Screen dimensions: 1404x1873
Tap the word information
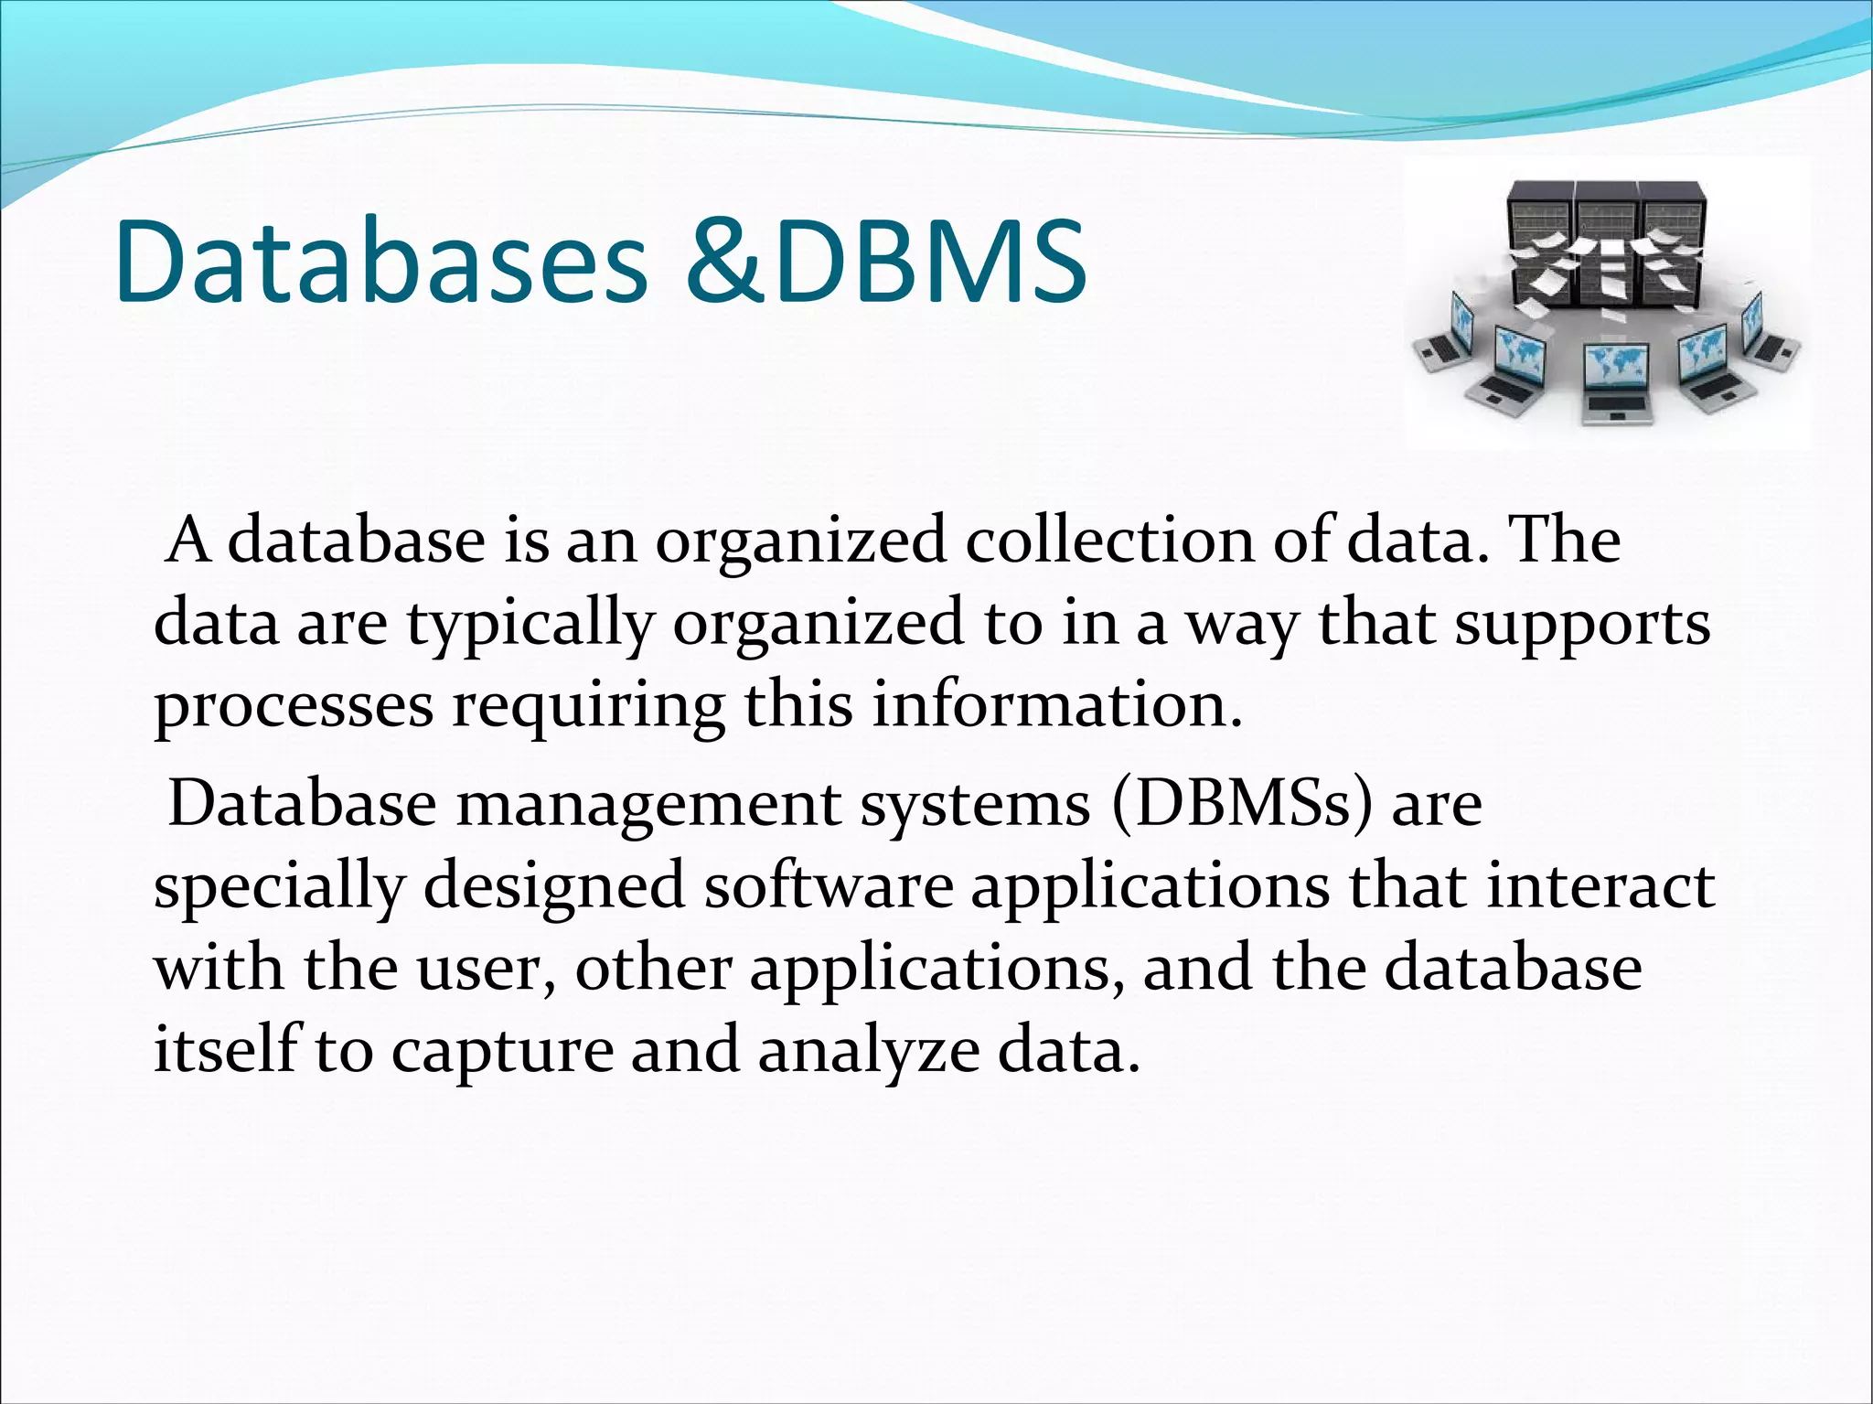click(x=1056, y=705)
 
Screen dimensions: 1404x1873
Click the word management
click(x=648, y=805)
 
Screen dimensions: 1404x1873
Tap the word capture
click(x=502, y=1052)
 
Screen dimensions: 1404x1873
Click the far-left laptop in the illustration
click(x=1445, y=338)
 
